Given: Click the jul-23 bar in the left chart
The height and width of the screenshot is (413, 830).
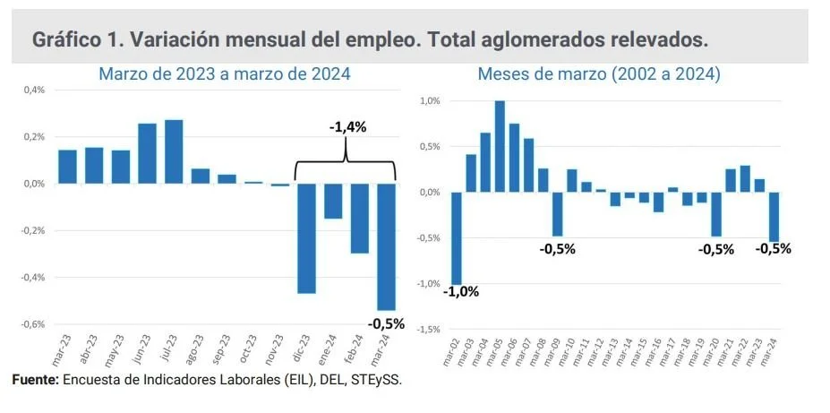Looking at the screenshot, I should click(x=174, y=151).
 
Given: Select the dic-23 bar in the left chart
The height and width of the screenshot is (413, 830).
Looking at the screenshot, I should click(x=306, y=237).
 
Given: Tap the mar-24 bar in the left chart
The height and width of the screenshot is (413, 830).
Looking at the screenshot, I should click(x=386, y=246).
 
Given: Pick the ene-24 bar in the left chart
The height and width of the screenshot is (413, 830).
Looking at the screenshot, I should click(x=333, y=201).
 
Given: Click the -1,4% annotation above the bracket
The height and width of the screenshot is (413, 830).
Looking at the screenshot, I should click(x=347, y=127).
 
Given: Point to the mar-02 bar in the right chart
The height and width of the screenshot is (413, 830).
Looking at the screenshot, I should click(x=457, y=237).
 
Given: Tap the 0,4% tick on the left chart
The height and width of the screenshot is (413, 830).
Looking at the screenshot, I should click(x=34, y=90).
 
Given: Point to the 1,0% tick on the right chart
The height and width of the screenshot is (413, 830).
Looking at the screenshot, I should click(x=430, y=100).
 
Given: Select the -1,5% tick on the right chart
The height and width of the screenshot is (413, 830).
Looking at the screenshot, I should click(x=428, y=330).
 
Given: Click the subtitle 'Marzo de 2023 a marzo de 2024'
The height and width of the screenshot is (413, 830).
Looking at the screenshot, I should click(x=224, y=74).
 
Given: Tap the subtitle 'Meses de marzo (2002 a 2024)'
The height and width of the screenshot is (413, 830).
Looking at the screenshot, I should click(x=599, y=74).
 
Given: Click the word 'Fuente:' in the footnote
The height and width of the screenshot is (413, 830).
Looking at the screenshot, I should click(x=35, y=380).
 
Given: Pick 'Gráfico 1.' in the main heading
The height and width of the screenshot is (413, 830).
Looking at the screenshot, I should click(x=73, y=40).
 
